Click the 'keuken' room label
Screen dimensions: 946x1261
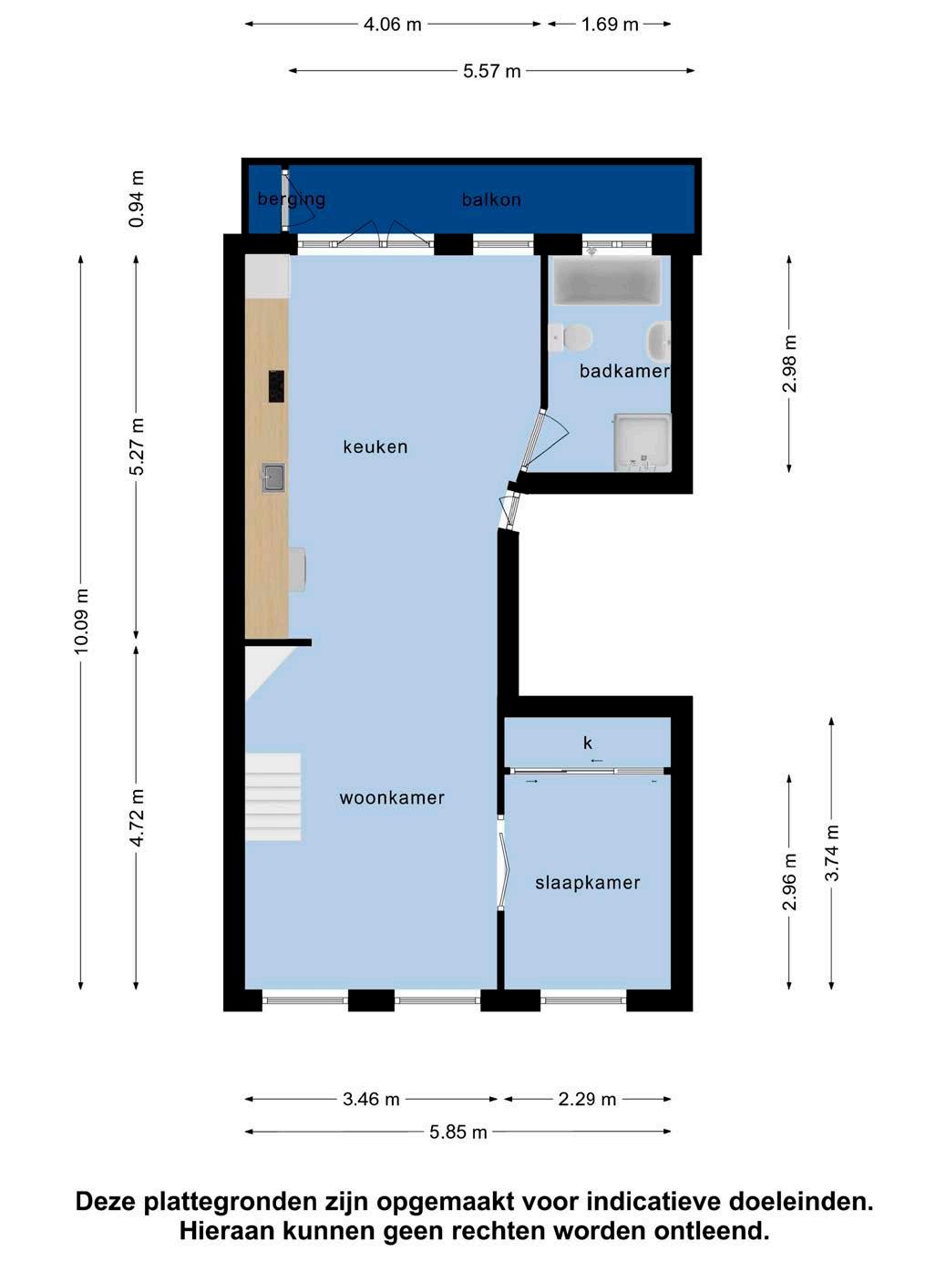tap(375, 446)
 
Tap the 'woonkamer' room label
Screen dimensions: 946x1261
tap(392, 797)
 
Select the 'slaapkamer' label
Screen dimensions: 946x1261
tap(587, 883)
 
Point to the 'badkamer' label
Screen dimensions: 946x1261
tap(623, 371)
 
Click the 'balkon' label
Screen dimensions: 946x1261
tap(491, 200)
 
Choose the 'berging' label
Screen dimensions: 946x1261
tap(292, 200)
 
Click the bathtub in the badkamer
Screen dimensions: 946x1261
tap(608, 281)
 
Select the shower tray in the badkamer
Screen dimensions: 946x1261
tap(643, 442)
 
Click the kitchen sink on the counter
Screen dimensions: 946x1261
tap(273, 478)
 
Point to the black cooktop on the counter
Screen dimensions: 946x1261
tap(276, 386)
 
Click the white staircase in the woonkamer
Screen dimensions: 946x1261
tap(273, 797)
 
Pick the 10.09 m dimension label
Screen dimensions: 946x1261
tap(81, 621)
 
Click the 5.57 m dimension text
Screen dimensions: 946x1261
tap(491, 71)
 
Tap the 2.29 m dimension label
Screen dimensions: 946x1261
tap(587, 1099)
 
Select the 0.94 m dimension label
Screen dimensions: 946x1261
tap(137, 200)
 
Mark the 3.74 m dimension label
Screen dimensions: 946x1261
tap(832, 853)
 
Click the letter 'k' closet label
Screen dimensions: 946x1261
tap(587, 743)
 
